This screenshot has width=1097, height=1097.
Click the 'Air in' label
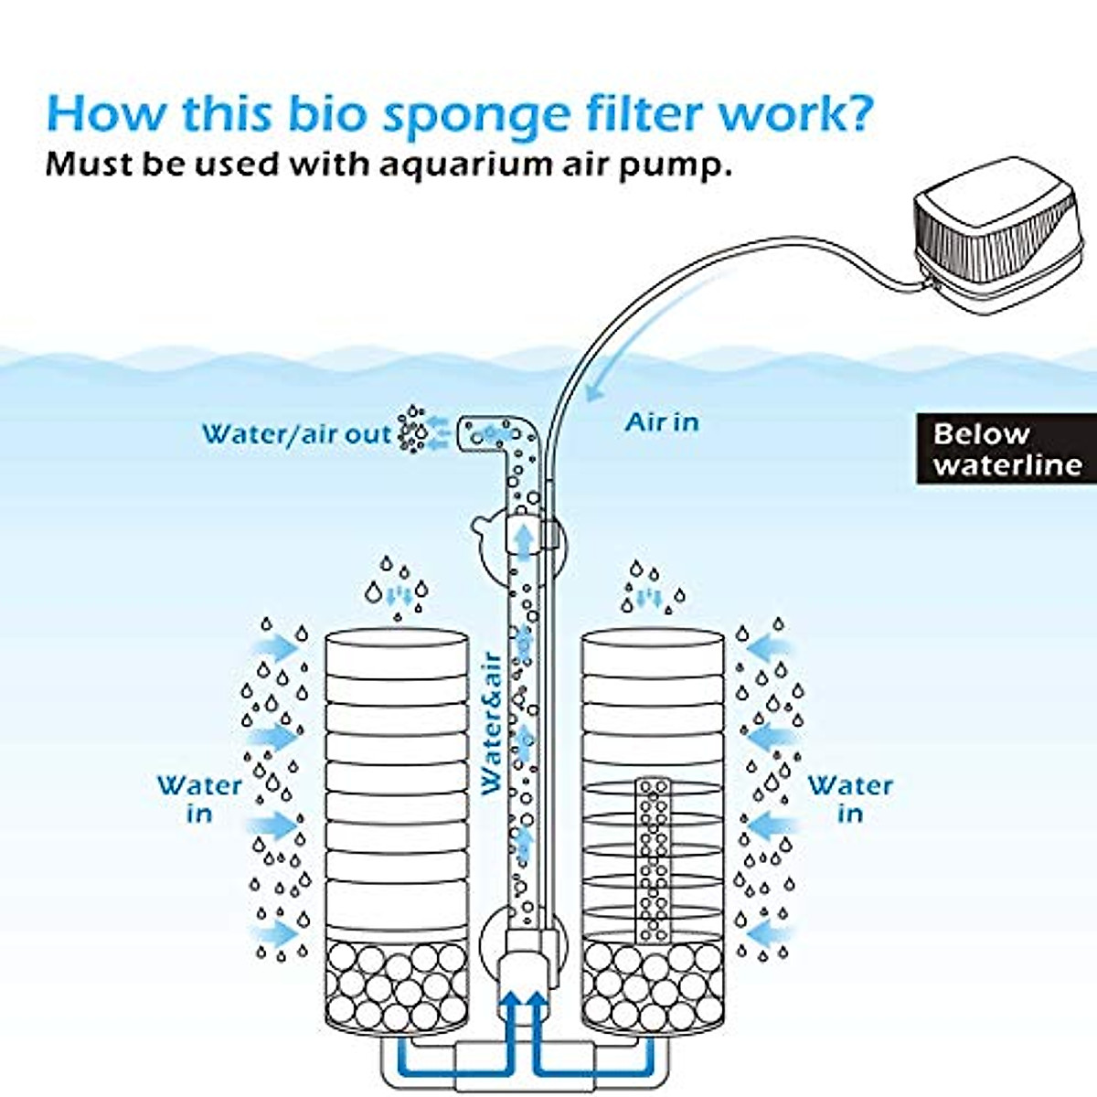(662, 422)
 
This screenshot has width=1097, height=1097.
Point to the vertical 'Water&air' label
(491, 722)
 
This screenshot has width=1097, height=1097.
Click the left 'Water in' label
(199, 799)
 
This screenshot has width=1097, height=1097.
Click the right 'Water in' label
(850, 799)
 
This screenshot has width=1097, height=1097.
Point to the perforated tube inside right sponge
(653, 859)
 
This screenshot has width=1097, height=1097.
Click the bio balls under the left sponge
(397, 986)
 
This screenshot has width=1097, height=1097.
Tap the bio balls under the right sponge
(653, 986)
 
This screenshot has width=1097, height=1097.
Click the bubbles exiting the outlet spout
(412, 430)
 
